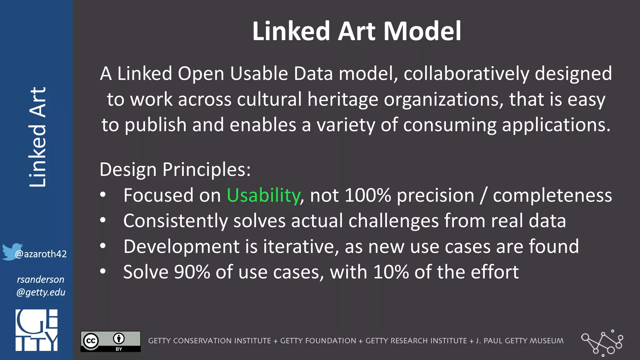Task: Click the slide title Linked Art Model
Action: [x=357, y=31]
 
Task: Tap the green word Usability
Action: [x=263, y=195]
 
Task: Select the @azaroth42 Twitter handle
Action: [x=41, y=254]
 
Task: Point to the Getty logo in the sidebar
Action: [x=37, y=330]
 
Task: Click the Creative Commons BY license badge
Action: [x=111, y=341]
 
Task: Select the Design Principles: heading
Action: [x=175, y=170]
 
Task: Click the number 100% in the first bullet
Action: [x=367, y=195]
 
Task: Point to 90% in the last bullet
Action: [x=192, y=272]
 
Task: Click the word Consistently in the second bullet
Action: [x=175, y=221]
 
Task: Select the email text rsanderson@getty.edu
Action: [x=41, y=286]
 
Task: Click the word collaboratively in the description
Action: [x=466, y=74]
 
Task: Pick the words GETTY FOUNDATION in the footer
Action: [x=318, y=341]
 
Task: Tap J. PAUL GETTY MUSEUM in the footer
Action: [x=520, y=341]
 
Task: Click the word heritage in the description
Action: [x=343, y=99]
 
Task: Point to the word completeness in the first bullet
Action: [x=552, y=195]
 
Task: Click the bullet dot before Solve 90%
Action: [x=103, y=271]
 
